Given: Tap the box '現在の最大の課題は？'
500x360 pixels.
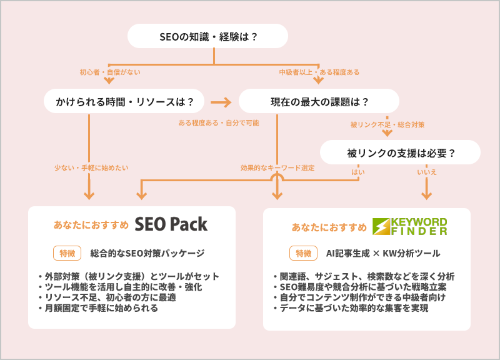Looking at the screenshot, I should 319,101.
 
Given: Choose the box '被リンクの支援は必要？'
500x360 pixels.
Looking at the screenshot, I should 400,152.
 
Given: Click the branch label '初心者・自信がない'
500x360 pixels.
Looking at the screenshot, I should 110,72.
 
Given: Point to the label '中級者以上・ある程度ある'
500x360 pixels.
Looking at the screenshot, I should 319,72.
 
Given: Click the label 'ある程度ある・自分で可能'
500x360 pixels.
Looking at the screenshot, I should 218,123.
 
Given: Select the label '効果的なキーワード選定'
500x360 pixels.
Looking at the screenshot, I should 277,167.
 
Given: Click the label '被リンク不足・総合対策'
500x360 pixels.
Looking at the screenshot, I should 387,125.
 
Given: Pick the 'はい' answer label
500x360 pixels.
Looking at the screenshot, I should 358,171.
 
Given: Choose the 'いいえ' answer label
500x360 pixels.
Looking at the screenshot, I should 427,171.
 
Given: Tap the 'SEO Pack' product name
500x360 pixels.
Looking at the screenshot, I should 171,224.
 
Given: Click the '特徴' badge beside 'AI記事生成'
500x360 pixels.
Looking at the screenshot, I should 302,253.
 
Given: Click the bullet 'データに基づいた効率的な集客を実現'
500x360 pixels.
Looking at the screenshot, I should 355,308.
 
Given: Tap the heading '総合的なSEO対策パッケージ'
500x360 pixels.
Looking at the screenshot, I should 147,253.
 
